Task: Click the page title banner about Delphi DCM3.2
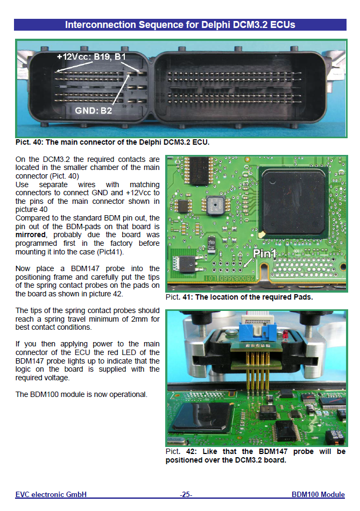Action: point(180,25)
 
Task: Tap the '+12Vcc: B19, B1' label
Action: point(91,56)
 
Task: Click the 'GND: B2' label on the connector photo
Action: point(94,111)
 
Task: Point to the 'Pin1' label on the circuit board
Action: point(265,253)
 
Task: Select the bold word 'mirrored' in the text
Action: point(31,235)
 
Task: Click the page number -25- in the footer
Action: point(186,494)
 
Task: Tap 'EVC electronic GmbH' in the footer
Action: point(51,494)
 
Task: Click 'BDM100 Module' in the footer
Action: point(318,494)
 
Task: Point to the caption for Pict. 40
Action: point(112,142)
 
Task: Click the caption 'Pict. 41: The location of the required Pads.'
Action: point(239,297)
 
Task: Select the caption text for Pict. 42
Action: point(255,456)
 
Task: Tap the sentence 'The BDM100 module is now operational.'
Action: point(81,394)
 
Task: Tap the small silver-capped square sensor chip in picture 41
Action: point(215,205)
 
